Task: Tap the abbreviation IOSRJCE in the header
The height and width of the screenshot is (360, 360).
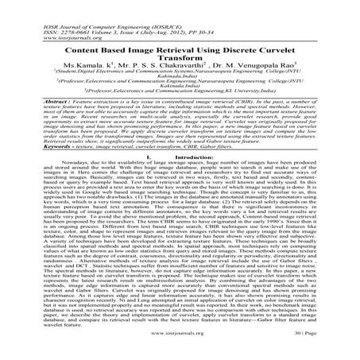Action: [122, 3]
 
